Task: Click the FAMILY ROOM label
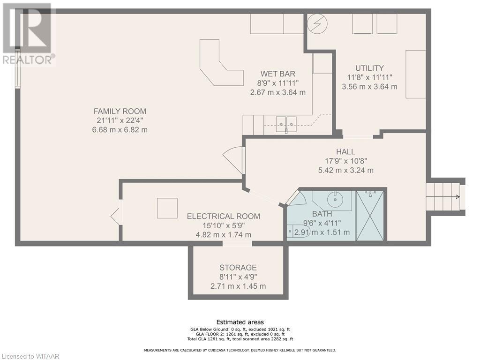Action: (120, 111)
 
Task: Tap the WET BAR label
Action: (277, 74)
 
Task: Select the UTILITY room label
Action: (369, 68)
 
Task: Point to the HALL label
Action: (345, 151)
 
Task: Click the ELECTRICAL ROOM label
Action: (224, 216)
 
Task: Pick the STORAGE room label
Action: (238, 268)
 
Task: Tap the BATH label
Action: (322, 214)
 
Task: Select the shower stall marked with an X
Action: (370, 216)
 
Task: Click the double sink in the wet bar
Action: (286, 124)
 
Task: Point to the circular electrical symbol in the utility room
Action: (317, 23)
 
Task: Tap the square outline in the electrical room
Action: (167, 208)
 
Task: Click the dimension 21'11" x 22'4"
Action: (120, 120)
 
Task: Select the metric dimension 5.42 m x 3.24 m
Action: (345, 170)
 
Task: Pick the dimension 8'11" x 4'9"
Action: (238, 277)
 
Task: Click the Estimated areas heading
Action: (240, 322)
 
